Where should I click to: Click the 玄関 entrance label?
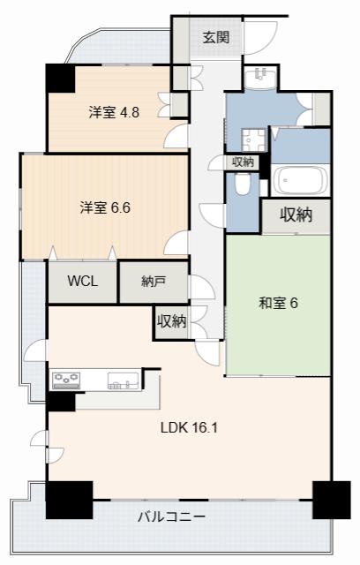215,37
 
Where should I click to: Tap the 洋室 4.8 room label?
114,113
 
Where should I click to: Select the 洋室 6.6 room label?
105,208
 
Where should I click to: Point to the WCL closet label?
82,281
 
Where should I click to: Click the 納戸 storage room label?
154,282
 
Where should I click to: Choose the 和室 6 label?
278,303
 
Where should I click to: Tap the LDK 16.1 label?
189,427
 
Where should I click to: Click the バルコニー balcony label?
172,516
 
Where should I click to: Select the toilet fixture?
243,185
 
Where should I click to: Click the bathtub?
300,180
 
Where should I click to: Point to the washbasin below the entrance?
260,77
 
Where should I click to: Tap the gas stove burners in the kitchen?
66,380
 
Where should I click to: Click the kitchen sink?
124,380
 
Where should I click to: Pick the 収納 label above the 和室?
296,215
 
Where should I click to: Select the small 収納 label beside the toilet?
243,162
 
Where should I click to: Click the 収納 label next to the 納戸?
171,320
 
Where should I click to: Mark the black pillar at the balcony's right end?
331,500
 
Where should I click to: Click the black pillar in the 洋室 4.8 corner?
60,79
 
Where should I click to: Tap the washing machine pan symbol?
253,139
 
